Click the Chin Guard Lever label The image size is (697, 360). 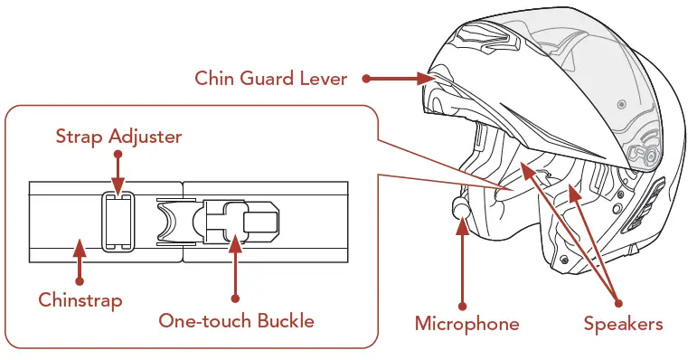tap(270, 79)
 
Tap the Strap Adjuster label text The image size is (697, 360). tap(118, 137)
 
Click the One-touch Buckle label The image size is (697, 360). tap(236, 321)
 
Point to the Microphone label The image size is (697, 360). tap(466, 323)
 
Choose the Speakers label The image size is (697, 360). tap(623, 323)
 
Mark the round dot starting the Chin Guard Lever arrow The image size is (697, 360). tap(366, 79)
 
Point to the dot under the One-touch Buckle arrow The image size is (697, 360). tap(236, 298)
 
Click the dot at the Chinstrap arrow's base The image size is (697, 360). tap(80, 280)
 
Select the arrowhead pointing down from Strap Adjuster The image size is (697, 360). tap(118, 182)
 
